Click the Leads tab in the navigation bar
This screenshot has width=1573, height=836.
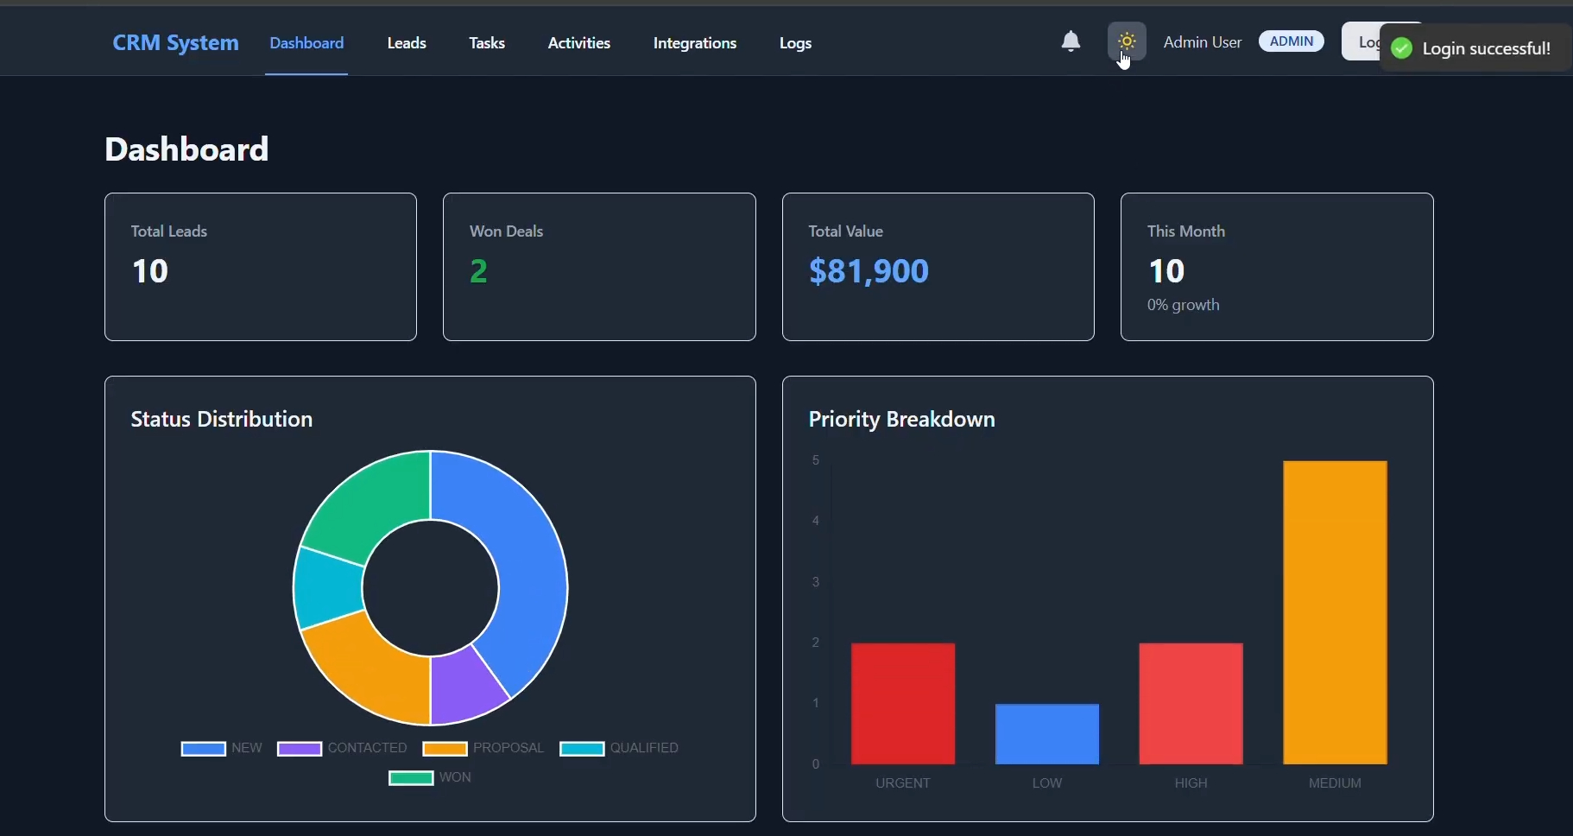(407, 43)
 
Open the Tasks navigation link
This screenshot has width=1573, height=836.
(487, 43)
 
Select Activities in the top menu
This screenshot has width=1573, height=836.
(579, 43)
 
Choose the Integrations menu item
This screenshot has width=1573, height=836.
(695, 43)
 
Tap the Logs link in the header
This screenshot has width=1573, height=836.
(795, 43)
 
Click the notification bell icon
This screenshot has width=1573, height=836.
(1071, 41)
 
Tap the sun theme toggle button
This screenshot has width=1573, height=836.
(1127, 41)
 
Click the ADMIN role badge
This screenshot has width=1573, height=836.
(1291, 41)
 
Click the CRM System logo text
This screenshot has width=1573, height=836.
(175, 43)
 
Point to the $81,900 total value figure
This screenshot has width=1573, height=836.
(869, 271)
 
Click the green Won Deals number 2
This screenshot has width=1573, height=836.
(478, 271)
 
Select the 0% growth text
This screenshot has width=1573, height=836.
(1183, 305)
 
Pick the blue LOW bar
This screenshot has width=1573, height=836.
(1046, 734)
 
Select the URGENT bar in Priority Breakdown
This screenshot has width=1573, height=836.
(903, 703)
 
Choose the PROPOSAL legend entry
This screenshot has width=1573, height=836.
(483, 748)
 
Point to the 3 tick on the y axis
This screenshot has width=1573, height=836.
(816, 582)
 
